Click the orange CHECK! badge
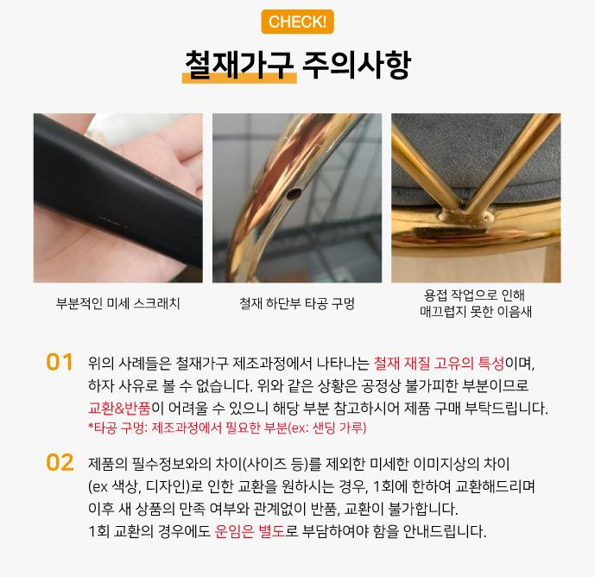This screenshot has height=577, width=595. click(x=297, y=22)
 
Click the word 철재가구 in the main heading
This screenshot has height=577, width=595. click(x=239, y=65)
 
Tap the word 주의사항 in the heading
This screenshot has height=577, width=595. click(x=357, y=65)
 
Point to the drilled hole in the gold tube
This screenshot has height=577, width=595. click(x=294, y=194)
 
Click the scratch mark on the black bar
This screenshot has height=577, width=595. click(x=114, y=222)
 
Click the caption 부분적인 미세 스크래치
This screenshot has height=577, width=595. click(x=118, y=303)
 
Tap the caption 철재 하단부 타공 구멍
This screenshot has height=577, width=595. click(x=297, y=303)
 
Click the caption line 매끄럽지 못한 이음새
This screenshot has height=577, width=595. click(x=476, y=312)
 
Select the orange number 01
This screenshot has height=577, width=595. click(x=60, y=362)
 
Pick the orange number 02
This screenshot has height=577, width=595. click(x=60, y=462)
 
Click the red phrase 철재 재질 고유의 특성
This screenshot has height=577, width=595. click(x=439, y=364)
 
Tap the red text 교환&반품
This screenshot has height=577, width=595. click(x=119, y=408)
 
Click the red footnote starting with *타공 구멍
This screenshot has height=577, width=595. click(x=227, y=428)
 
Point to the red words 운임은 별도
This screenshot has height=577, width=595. click(x=250, y=530)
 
